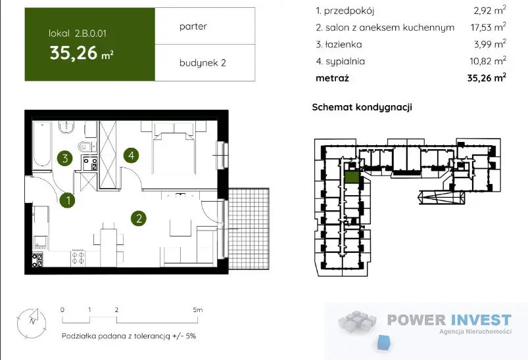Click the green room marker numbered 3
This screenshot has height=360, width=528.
point(65,158)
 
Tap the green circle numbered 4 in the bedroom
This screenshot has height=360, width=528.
point(131,156)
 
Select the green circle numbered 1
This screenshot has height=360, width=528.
point(68,200)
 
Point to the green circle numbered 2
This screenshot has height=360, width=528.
point(139,219)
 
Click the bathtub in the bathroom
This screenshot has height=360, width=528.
point(42,145)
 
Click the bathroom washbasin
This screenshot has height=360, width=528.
point(66,128)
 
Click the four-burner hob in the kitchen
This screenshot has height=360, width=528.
point(78,258)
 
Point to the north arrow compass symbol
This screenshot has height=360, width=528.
point(32,323)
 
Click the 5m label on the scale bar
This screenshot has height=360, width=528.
point(198,309)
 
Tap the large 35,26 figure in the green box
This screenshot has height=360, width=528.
point(74,53)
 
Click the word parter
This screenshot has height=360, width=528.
point(193,26)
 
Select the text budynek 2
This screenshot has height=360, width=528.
point(203,62)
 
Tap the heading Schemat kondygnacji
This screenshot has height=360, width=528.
point(362,107)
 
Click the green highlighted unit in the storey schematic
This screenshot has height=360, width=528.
point(352,177)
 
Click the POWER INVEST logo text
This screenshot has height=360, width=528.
point(449,320)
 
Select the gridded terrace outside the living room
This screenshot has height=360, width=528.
point(249,229)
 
